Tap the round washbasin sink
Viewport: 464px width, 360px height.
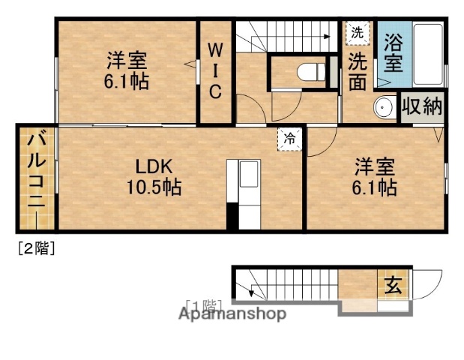pyautogui.click(x=385, y=107)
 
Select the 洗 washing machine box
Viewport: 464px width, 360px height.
pyautogui.click(x=358, y=33)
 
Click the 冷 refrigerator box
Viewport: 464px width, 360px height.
pyautogui.click(x=289, y=138)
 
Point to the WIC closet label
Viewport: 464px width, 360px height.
pyautogui.click(x=215, y=71)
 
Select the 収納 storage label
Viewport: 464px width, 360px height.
pyautogui.click(x=421, y=106)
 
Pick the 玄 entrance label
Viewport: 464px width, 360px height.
pyautogui.click(x=394, y=285)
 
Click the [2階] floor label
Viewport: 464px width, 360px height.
pyautogui.click(x=35, y=249)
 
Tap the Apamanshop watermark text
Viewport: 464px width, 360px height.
pyautogui.click(x=232, y=313)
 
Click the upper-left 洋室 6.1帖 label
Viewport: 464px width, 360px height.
pyautogui.click(x=127, y=69)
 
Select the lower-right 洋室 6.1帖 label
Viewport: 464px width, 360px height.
pyautogui.click(x=375, y=176)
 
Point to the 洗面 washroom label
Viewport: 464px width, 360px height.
pyautogui.click(x=357, y=70)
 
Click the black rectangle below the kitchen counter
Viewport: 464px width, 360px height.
pyautogui.click(x=232, y=216)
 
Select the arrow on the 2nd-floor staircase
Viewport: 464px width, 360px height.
pyautogui.click(x=326, y=35)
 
